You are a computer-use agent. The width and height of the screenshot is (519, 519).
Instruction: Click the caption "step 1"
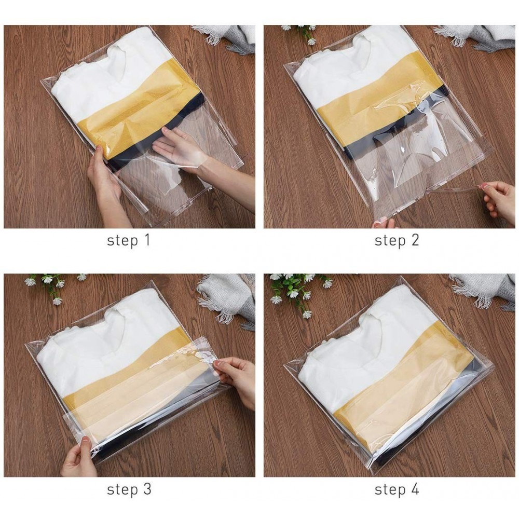tap(128, 241)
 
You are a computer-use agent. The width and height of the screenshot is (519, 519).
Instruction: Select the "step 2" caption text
tap(397, 241)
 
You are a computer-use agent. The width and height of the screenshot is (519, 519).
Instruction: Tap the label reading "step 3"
tap(128, 489)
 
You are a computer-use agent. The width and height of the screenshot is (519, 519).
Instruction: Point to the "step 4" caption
tap(397, 489)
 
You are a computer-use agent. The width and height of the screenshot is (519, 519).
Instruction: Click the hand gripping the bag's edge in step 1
tap(104, 179)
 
